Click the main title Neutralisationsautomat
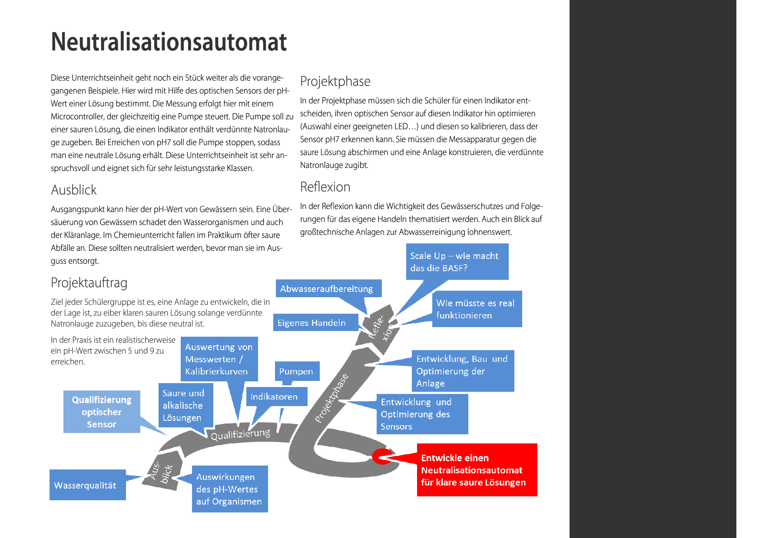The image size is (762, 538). [x=169, y=42]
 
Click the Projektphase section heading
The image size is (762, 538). [x=335, y=82]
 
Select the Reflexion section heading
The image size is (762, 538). [x=325, y=187]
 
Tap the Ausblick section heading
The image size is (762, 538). [x=73, y=190]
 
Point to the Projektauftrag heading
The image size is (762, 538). [x=89, y=283]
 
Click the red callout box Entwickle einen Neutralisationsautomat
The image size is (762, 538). [x=477, y=470]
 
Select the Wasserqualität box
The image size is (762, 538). [x=87, y=485]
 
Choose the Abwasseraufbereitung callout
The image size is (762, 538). [x=328, y=289]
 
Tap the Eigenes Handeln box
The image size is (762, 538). [x=315, y=323]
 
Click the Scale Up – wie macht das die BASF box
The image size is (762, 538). [x=457, y=262]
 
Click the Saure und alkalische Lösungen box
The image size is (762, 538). [x=186, y=405]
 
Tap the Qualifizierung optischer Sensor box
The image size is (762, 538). [x=102, y=412]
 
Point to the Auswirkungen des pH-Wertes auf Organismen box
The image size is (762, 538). [x=229, y=489]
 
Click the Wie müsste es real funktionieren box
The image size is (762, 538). [x=477, y=309]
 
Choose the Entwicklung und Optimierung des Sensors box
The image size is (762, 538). [x=422, y=414]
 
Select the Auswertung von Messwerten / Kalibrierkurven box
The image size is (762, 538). [x=219, y=359]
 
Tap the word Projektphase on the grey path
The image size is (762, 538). [x=331, y=398]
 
